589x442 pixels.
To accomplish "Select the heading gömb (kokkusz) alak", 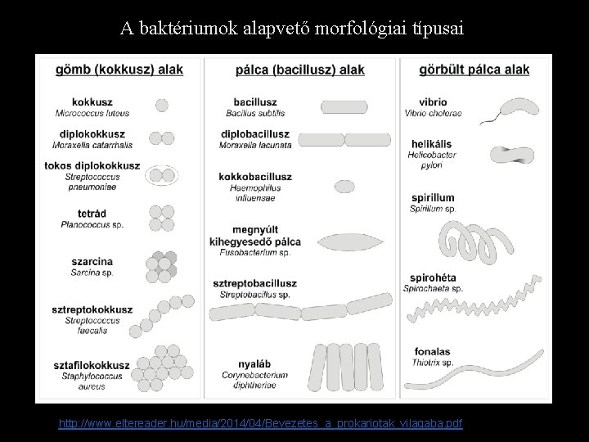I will tap(119, 70).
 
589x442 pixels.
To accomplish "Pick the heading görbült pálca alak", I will tap(474, 70).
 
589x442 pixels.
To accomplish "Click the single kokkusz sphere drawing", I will tap(161, 106).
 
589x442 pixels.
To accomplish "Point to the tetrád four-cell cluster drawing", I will tap(161, 217).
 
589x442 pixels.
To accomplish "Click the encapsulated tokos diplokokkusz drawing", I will tap(160, 174).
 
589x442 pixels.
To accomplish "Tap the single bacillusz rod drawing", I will tap(344, 106).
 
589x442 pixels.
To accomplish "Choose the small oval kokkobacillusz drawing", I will tap(344, 187).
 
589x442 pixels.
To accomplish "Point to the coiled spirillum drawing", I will tap(479, 237).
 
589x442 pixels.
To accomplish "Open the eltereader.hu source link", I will tap(260, 423).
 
